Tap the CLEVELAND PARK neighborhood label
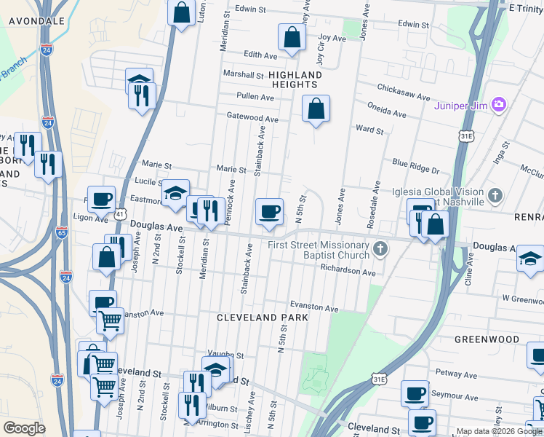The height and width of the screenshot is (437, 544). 263,318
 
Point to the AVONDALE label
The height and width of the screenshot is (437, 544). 37,21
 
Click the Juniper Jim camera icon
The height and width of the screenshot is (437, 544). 498,105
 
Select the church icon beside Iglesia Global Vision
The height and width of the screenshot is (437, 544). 495,195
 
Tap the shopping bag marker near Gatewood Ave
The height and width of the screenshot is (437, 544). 316,109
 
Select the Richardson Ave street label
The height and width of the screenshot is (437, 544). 348,272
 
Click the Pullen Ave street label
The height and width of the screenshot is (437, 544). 254,96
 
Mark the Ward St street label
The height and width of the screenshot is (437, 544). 369,130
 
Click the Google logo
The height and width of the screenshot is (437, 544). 24,428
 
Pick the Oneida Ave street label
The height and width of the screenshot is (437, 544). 390,113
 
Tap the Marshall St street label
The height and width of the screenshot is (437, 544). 243,75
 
